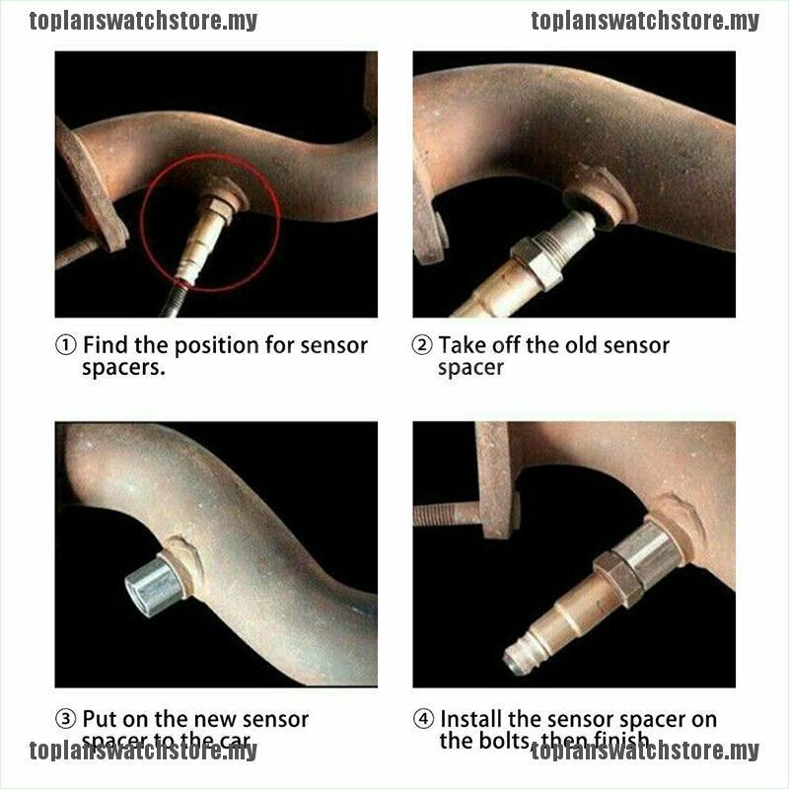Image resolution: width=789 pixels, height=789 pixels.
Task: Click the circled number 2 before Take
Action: (x=422, y=346)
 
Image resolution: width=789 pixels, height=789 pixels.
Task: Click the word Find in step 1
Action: (x=107, y=346)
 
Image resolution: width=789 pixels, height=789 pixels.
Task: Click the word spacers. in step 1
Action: (x=124, y=368)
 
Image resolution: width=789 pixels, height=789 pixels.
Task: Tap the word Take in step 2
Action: (x=463, y=346)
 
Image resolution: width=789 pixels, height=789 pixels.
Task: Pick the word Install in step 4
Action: (x=473, y=720)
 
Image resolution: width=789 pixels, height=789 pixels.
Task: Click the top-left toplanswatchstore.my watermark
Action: (x=143, y=21)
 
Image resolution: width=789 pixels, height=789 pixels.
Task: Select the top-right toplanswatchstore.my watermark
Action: (x=645, y=21)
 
